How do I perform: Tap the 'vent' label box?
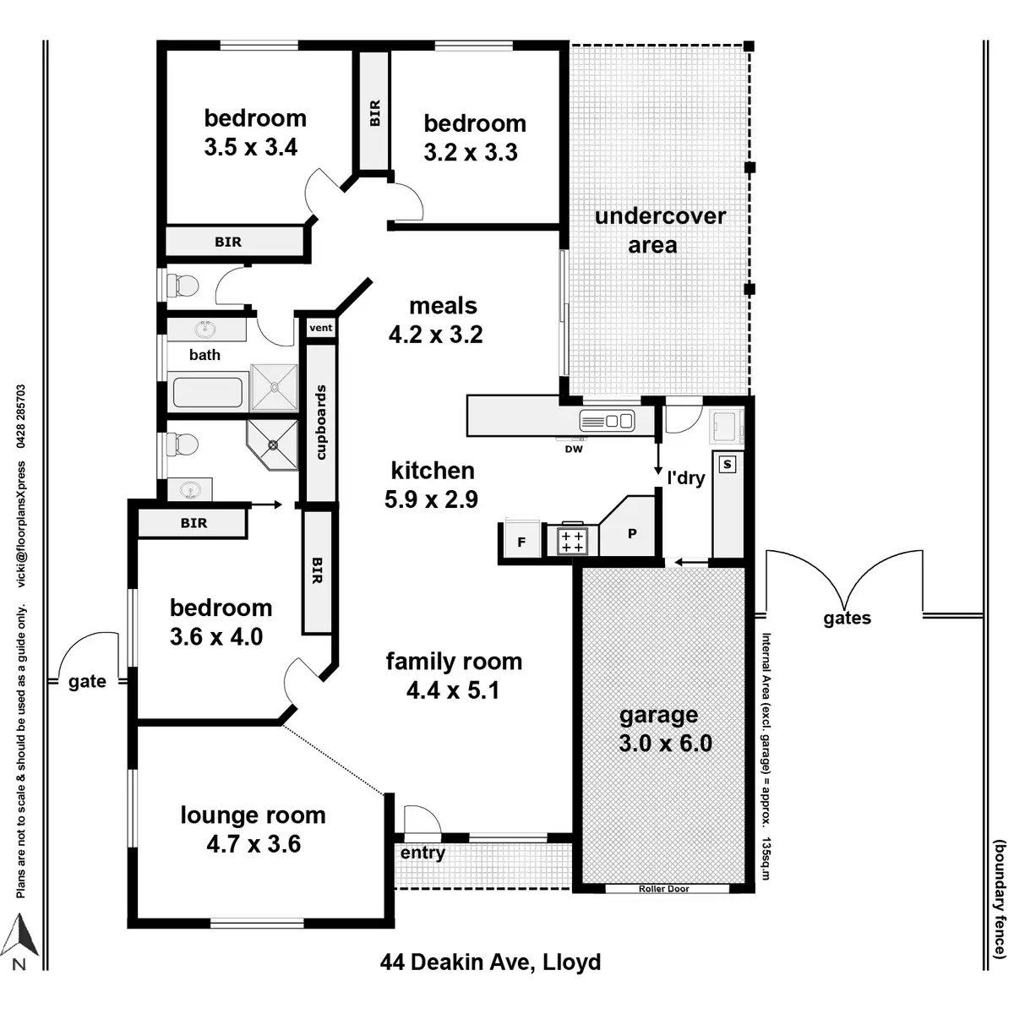coord(321,328)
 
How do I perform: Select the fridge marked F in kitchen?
coord(521,542)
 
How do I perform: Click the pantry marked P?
coord(631,533)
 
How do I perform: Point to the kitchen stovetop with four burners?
coord(572,542)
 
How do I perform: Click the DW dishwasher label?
coord(574,449)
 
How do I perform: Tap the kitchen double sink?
coord(607,419)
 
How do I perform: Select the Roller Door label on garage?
coord(665,889)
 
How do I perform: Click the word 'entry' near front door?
coord(422,853)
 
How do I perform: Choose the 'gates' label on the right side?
coord(847,619)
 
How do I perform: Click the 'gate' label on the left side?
coord(87,681)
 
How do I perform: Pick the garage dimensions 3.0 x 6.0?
coord(665,744)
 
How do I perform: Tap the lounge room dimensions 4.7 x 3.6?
coord(253,843)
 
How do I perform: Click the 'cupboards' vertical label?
coord(320,422)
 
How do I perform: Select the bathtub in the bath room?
coord(208,392)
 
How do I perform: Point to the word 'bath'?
coord(204,355)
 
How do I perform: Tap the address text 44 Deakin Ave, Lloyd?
coord(490,962)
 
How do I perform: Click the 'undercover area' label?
coord(659,230)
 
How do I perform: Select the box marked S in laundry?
coord(727,465)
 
